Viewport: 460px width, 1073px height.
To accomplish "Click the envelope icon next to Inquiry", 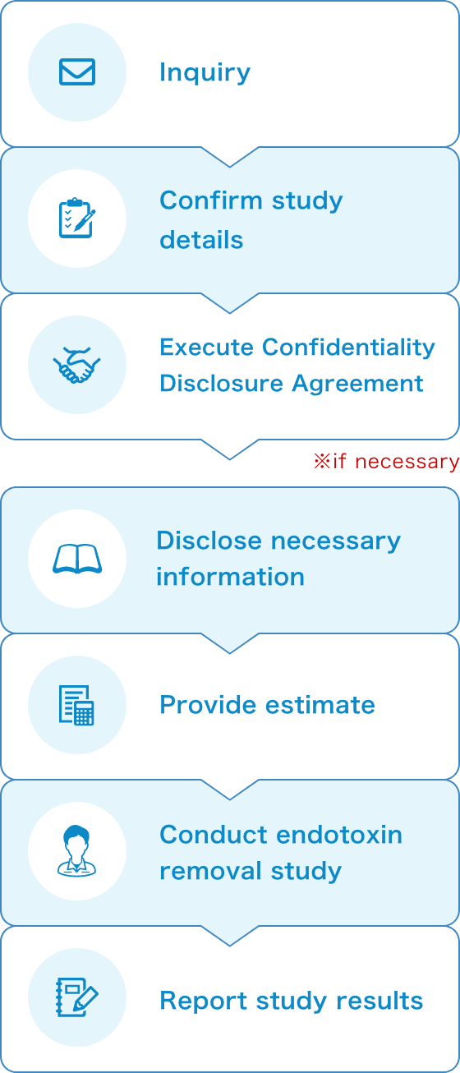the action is [x=77, y=71].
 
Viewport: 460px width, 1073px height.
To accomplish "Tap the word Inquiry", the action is [x=205, y=73].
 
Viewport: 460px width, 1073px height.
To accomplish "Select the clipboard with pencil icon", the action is [x=76, y=218].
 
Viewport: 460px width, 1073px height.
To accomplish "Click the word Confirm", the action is [x=211, y=200].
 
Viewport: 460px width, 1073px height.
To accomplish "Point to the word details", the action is [x=201, y=239].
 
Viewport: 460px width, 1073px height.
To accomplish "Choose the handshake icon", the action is [x=76, y=365].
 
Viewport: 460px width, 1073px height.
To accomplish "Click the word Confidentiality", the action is [x=348, y=348].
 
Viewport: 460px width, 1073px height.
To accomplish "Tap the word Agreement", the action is [x=357, y=385].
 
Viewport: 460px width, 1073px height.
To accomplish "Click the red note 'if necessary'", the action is [x=386, y=462].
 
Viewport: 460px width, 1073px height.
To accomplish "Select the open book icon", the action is [x=77, y=559].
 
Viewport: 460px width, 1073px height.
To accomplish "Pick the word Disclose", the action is [x=209, y=541].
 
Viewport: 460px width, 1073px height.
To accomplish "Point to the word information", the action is [x=231, y=577].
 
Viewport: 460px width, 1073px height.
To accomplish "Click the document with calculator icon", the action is [x=76, y=705].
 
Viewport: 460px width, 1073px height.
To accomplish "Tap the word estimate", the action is [x=320, y=705].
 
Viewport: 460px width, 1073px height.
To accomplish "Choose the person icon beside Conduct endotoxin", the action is [x=76, y=850].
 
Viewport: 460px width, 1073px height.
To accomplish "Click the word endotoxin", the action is [x=340, y=835].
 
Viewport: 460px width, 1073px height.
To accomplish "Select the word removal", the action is [x=211, y=871].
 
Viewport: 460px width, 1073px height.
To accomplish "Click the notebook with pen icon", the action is [x=76, y=997].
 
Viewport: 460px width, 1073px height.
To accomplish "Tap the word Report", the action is [x=203, y=1002].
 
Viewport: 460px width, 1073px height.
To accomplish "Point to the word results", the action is [x=379, y=1001].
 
